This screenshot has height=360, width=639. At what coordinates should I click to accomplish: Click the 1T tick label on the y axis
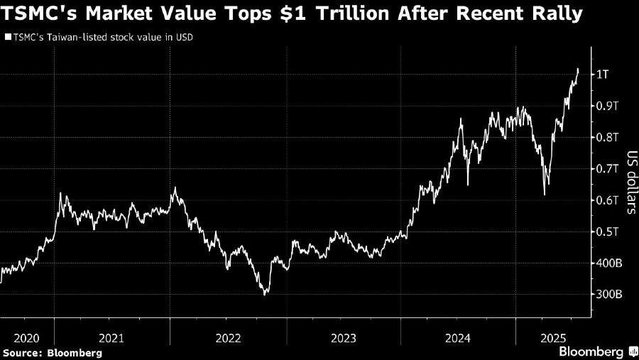coord(603,75)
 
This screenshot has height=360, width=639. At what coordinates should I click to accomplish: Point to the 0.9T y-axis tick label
coord(608,106)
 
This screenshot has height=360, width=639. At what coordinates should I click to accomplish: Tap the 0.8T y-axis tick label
coord(608,137)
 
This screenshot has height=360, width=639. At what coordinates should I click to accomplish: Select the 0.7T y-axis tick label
coord(608,169)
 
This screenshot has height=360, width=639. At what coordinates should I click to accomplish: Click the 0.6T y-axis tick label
coord(608,200)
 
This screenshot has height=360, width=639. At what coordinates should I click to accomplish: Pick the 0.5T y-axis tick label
coord(608,231)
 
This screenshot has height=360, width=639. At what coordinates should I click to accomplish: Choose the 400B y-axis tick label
coord(610,263)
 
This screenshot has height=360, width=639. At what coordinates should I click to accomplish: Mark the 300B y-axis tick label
coord(610,295)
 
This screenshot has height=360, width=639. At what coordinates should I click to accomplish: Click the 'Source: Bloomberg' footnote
coord(53,352)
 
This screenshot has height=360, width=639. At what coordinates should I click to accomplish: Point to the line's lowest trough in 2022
coord(265,294)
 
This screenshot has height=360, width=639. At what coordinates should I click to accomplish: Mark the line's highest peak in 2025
coord(578,69)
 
